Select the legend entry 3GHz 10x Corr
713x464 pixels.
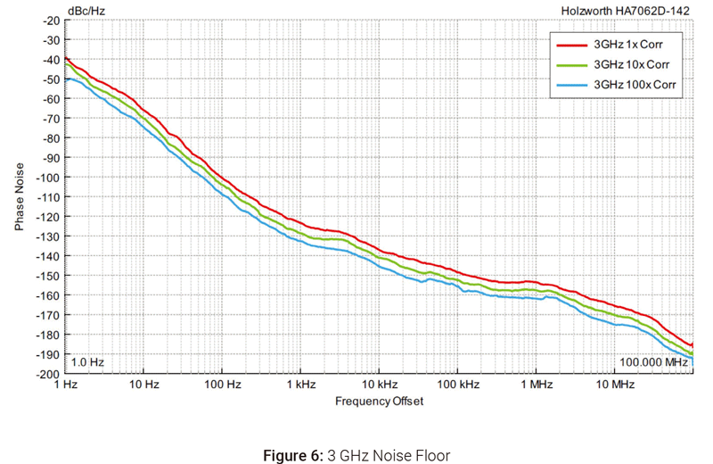(630, 65)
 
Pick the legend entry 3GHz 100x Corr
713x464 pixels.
(633, 86)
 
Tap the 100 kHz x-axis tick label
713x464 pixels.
(456, 385)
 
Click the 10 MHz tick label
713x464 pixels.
(614, 385)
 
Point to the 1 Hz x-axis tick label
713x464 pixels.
(67, 385)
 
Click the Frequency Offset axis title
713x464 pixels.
(379, 402)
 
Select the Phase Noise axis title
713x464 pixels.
(20, 196)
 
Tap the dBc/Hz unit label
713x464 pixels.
(86, 11)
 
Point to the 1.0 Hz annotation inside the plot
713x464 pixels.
(87, 362)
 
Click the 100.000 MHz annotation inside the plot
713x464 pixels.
(653, 362)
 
